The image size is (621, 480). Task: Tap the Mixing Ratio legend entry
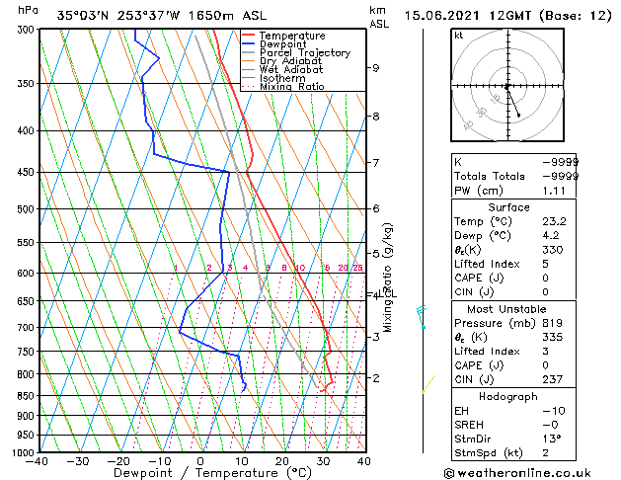tap(292, 87)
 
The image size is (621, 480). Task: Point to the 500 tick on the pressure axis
tap(26, 209)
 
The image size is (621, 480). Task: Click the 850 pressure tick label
tap(26, 396)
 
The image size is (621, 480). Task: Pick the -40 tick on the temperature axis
tap(39, 460)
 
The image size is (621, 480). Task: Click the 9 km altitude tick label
tap(376, 68)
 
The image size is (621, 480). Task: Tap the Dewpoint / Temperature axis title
tap(200, 473)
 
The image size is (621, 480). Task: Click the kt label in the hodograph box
tap(459, 36)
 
